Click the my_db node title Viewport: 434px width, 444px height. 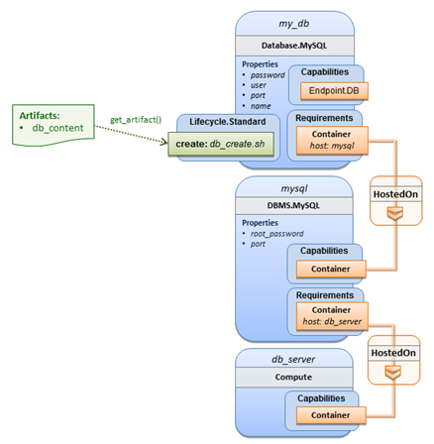pos(294,24)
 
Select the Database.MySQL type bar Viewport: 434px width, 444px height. pos(294,46)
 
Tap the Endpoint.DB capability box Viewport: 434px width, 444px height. pos(334,91)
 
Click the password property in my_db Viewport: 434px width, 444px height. pos(268,75)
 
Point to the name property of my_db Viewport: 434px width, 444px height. pos(261,106)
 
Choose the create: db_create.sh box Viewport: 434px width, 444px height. pos(221,144)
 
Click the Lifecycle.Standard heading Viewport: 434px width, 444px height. pos(228,122)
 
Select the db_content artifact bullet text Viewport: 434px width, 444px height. pos(57,128)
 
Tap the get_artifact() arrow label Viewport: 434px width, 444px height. pos(136,120)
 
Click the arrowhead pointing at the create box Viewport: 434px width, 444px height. pos(164,142)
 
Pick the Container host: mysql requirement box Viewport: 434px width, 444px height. pos(332,140)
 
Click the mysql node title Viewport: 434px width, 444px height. pos(294,188)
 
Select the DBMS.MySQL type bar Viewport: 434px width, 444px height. pos(294,205)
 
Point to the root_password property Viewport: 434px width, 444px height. pos(276,234)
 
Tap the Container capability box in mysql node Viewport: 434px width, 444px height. pos(331,269)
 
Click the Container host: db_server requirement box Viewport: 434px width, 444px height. pos(332,316)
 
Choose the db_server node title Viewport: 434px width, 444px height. pos(293,360)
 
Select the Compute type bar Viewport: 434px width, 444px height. pos(294,377)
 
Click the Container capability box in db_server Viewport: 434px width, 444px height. pos(331,415)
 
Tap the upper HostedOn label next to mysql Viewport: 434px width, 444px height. pos(395,194)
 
